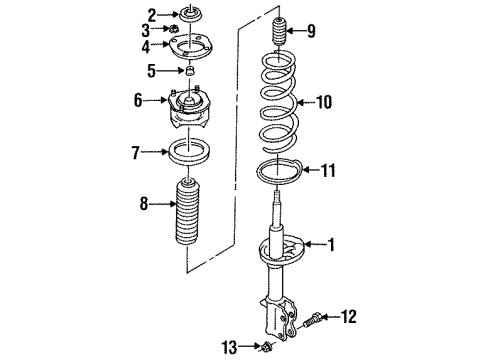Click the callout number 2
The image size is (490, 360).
(x=152, y=15)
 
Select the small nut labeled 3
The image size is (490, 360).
(x=173, y=29)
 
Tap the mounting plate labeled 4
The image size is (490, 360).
(x=190, y=47)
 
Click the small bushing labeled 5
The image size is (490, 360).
(x=190, y=71)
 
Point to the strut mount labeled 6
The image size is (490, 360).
(x=188, y=108)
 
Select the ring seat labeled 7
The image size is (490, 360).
(x=189, y=152)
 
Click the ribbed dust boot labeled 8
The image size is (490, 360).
(x=188, y=213)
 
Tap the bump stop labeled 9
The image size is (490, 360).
(x=279, y=32)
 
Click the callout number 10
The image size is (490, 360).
(x=324, y=102)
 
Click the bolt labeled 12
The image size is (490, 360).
(x=312, y=319)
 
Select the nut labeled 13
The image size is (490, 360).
(x=266, y=347)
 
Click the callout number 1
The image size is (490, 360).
(x=331, y=245)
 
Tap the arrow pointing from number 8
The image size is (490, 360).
(x=162, y=203)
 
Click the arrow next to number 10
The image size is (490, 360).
(x=306, y=102)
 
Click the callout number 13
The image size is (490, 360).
(x=230, y=347)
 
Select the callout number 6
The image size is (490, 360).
(x=138, y=100)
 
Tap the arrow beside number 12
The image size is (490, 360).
(x=331, y=316)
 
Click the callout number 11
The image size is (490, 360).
(x=328, y=170)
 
